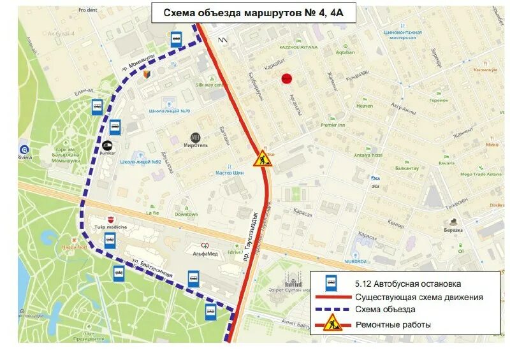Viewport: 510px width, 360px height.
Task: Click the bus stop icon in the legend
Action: (x=331, y=282)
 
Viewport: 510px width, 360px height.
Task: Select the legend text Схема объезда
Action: (x=381, y=311)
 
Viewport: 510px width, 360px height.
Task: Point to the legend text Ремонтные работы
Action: (x=393, y=325)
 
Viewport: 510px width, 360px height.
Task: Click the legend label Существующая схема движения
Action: (x=419, y=297)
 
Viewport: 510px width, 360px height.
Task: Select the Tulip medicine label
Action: (x=111, y=227)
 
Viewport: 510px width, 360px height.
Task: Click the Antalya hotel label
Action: (x=368, y=155)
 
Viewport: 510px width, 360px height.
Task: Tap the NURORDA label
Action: (x=356, y=261)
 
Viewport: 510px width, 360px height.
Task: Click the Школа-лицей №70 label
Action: (x=170, y=112)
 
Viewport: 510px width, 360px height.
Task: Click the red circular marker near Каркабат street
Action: (x=286, y=78)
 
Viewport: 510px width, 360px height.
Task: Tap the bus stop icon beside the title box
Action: (x=176, y=40)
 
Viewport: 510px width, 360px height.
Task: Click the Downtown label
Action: (x=186, y=214)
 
